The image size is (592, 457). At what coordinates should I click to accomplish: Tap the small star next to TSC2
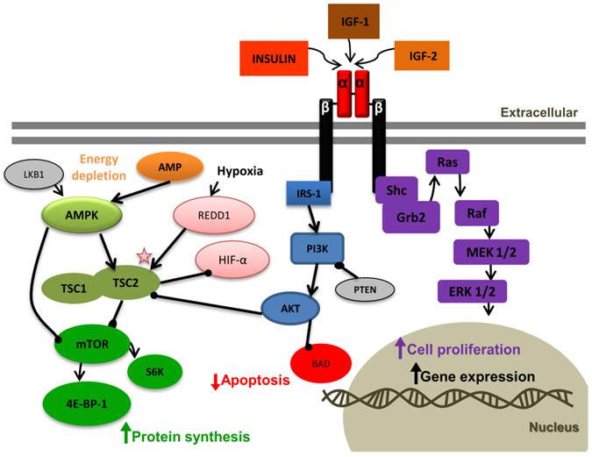click(x=146, y=255)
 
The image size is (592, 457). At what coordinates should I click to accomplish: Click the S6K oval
click(x=168, y=369)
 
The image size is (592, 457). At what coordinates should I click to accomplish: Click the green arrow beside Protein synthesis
click(x=125, y=432)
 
